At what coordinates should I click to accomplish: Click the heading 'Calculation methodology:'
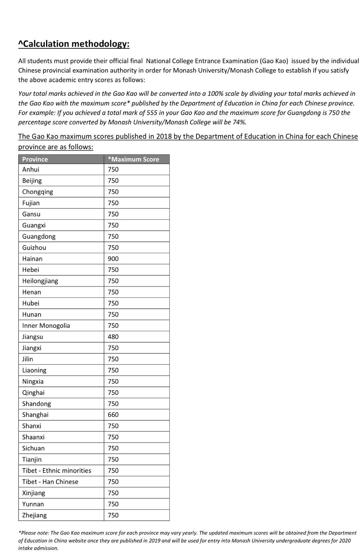74,44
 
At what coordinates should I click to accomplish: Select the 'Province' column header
35,159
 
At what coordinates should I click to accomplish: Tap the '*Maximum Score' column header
133,159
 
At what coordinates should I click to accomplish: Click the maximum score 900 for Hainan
113,259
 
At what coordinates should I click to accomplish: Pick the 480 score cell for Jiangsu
113,337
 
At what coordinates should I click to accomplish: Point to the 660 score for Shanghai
113,415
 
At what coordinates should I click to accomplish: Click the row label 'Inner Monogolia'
46,326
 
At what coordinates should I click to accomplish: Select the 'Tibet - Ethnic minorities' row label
57,471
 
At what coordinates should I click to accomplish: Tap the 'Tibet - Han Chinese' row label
50,482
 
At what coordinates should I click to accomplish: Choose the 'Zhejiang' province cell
34,515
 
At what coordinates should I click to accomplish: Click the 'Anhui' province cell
31,169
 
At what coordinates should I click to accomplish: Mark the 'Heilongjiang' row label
40,281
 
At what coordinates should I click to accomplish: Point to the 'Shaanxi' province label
33,437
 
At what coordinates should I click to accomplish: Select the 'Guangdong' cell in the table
39,236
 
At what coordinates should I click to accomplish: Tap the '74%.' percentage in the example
239,122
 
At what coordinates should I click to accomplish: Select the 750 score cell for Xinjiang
113,493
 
